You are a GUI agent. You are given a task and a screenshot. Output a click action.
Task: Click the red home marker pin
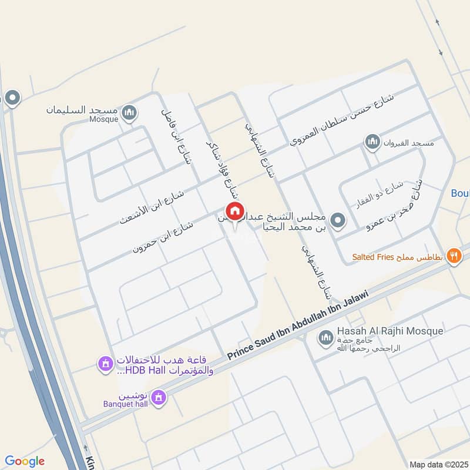(x=234, y=211)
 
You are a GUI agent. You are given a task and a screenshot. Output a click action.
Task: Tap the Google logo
(x=25, y=461)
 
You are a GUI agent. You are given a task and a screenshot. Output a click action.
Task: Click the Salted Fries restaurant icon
(x=454, y=256)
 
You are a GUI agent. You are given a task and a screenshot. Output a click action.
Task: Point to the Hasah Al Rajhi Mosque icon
(x=325, y=338)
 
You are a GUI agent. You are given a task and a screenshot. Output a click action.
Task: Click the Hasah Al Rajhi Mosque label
(x=390, y=331)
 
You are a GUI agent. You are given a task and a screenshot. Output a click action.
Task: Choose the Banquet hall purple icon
(x=157, y=399)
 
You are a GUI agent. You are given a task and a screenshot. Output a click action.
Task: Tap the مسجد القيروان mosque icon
(x=371, y=142)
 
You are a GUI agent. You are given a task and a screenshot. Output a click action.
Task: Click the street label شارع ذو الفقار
(x=374, y=196)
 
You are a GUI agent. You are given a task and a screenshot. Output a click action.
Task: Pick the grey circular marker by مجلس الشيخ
(x=337, y=221)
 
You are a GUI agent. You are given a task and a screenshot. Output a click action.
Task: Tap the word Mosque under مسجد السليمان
(x=103, y=119)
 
